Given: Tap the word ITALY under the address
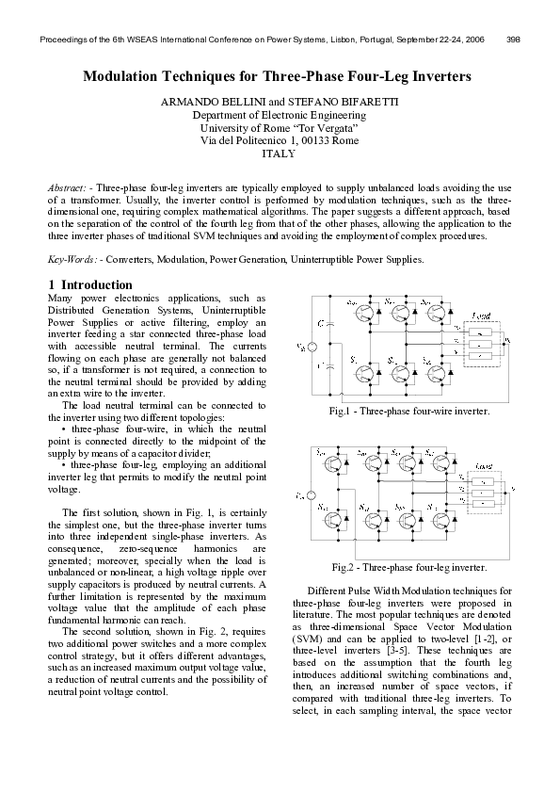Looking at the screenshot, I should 279,154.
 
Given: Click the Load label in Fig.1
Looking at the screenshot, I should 481,316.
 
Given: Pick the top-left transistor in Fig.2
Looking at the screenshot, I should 331,463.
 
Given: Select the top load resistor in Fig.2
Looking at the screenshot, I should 482,479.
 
